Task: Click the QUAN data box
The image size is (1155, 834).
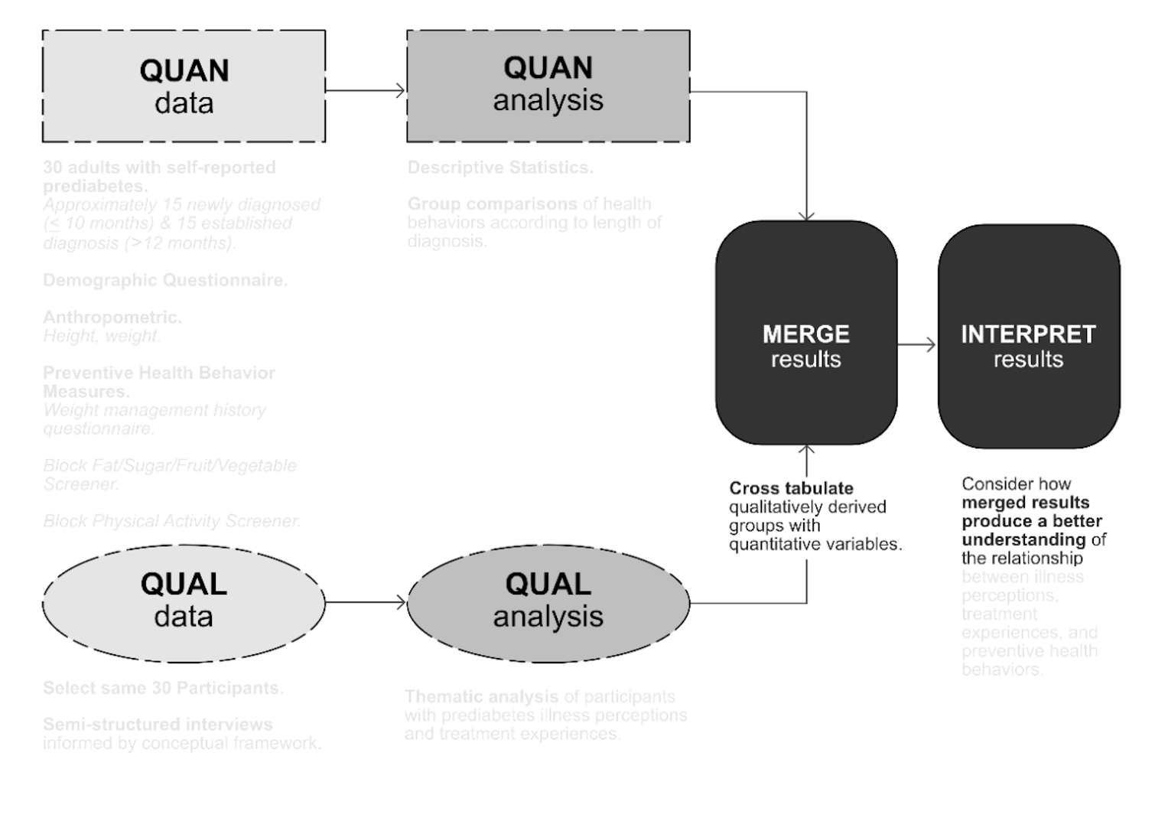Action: tap(184, 86)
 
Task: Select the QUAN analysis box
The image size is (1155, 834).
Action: tap(548, 86)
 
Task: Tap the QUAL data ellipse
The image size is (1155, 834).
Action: tap(184, 603)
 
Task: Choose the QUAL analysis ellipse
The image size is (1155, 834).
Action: tap(548, 603)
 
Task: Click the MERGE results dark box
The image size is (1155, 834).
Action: tap(806, 333)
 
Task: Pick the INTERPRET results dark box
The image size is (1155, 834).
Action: tap(1028, 337)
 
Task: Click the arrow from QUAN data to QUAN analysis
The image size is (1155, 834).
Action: tap(366, 90)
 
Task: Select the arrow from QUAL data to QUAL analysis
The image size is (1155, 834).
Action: tap(366, 603)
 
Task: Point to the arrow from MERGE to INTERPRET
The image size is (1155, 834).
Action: tap(916, 345)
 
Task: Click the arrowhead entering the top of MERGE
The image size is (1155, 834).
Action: tap(806, 216)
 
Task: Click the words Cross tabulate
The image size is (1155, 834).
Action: tap(791, 488)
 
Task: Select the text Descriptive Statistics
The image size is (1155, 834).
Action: tap(500, 168)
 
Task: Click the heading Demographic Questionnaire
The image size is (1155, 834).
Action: tap(165, 281)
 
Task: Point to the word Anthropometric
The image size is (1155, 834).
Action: tap(112, 318)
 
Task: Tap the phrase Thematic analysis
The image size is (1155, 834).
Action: tap(481, 697)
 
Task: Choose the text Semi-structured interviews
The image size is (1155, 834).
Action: tap(158, 725)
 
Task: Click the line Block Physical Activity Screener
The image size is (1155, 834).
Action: tap(172, 521)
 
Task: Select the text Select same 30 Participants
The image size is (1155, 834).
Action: tap(163, 688)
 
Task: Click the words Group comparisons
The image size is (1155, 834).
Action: tap(492, 204)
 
